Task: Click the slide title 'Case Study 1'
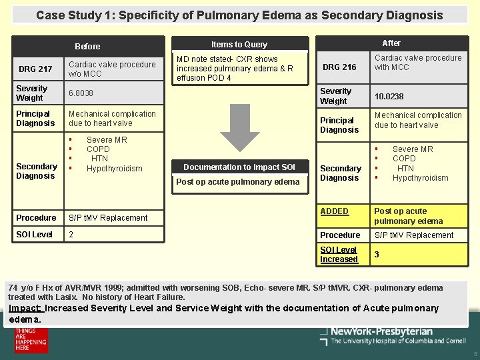239,15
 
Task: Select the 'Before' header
87,47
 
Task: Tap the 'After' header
391,43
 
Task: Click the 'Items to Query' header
239,45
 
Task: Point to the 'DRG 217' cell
35,69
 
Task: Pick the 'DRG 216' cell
339,67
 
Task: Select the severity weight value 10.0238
389,97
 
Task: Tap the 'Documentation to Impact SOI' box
239,167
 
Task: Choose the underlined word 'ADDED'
334,211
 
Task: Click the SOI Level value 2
71,235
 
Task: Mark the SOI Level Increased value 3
377,255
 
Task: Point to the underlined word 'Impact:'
25,308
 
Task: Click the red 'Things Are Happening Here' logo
31,340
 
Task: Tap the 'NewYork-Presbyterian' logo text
381,331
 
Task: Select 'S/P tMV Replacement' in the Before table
108,218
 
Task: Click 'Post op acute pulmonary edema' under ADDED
407,216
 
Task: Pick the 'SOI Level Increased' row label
339,255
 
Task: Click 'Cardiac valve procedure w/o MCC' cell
112,69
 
